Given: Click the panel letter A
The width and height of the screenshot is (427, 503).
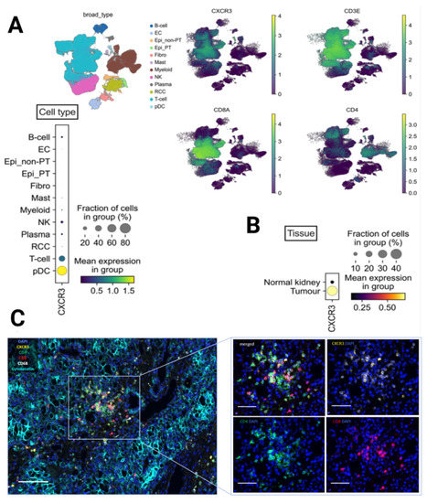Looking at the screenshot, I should coord(16,26).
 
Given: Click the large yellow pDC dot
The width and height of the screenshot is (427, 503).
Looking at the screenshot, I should coord(61,271).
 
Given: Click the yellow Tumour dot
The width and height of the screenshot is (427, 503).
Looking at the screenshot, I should coord(334,292).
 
